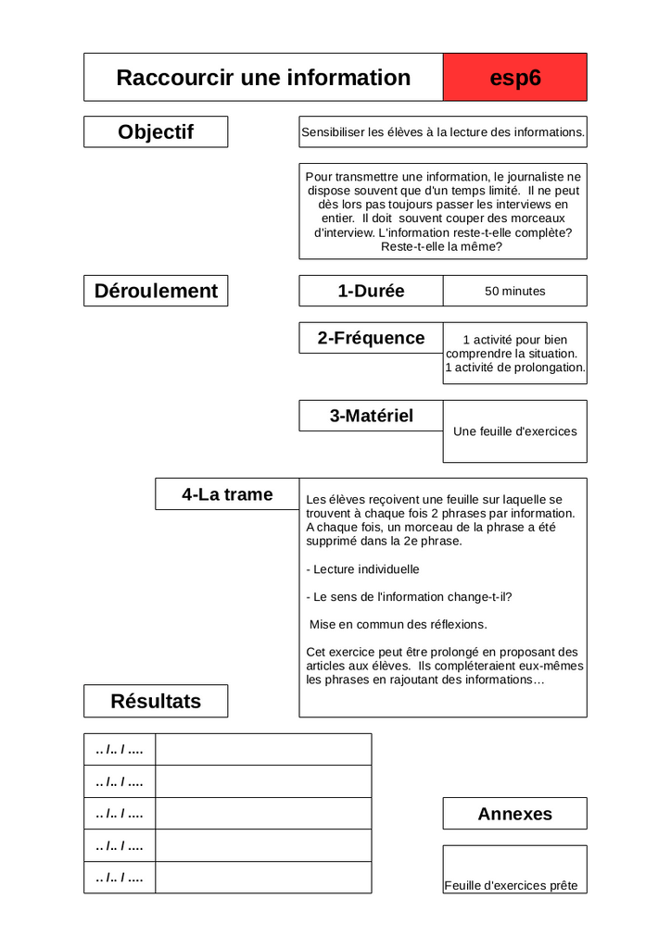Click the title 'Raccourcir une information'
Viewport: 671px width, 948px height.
(x=263, y=78)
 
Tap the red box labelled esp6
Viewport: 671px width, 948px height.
(x=515, y=78)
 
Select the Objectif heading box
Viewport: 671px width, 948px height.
(x=156, y=131)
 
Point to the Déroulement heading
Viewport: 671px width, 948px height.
(x=156, y=291)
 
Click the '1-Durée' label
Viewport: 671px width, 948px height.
(x=371, y=291)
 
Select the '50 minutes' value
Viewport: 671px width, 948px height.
(x=515, y=291)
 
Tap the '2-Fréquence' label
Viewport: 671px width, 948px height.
(x=371, y=338)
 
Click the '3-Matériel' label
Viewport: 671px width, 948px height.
(x=371, y=416)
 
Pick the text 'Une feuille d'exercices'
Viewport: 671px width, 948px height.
(x=515, y=431)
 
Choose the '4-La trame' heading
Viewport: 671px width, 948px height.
(x=227, y=494)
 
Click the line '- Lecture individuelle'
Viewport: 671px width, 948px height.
(x=362, y=569)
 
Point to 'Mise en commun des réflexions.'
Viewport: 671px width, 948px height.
(x=399, y=624)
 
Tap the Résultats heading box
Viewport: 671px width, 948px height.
(x=156, y=701)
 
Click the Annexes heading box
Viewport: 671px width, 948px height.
(x=515, y=814)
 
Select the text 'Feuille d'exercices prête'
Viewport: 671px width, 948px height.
(x=511, y=886)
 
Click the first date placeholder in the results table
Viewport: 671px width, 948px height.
(x=120, y=750)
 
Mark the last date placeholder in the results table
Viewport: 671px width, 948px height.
(x=120, y=878)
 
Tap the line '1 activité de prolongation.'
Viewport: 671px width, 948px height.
(x=515, y=368)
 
